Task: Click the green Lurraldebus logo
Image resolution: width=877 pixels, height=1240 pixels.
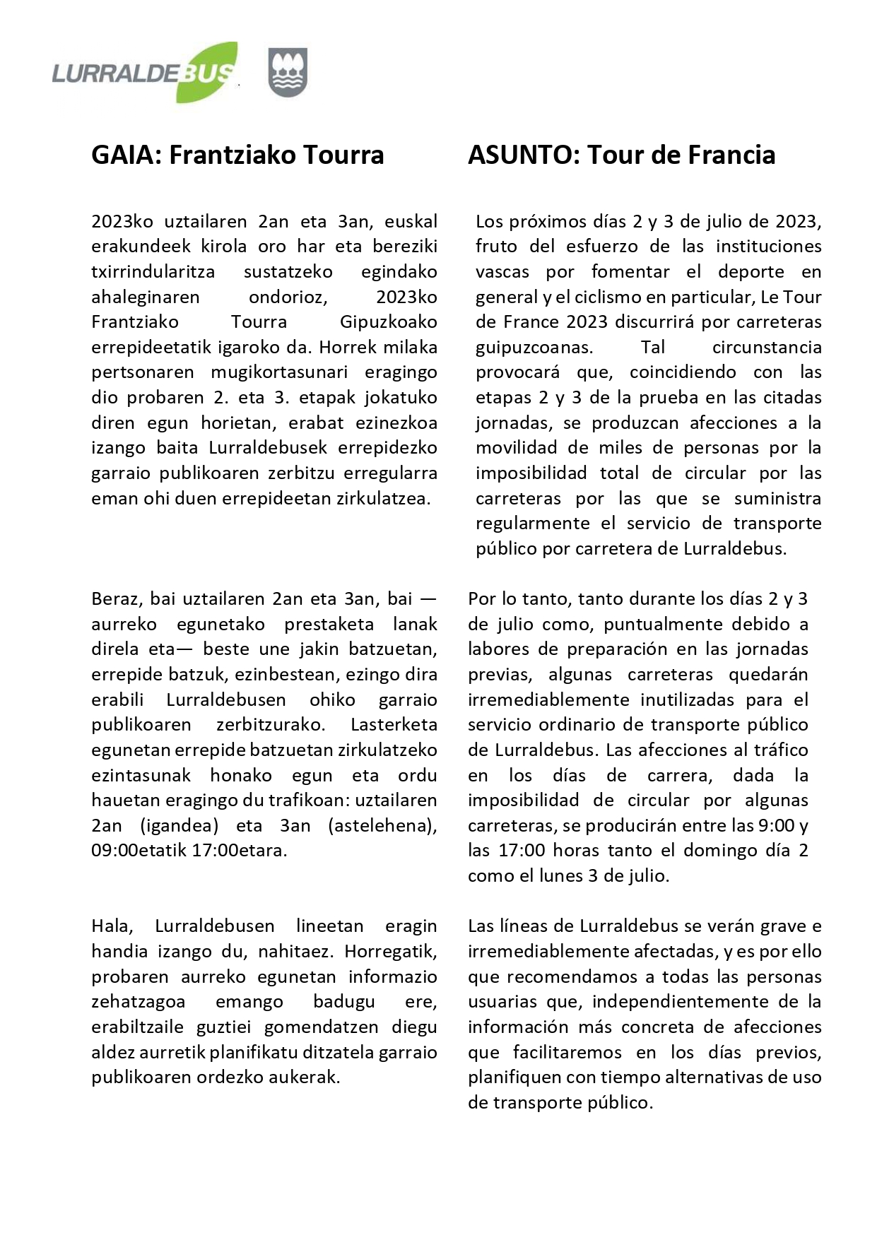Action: point(144,73)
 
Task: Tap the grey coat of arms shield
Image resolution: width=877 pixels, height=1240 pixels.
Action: point(288,72)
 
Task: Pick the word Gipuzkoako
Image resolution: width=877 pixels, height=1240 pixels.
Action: point(388,322)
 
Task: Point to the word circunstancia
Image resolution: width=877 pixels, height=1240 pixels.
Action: point(767,347)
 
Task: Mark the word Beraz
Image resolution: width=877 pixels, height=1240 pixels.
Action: point(117,599)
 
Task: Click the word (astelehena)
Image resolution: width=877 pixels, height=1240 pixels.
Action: point(382,825)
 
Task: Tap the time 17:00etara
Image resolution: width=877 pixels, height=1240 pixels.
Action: point(239,850)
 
